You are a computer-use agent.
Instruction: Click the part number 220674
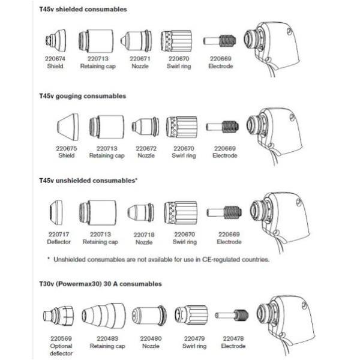coord(55,59)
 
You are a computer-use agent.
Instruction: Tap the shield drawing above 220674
coord(55,41)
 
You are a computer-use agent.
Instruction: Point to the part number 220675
coord(67,148)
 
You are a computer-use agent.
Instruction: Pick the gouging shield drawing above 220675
coord(67,127)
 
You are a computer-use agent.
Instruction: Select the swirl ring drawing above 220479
coord(190,314)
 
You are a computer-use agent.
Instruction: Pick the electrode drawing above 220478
coord(233,314)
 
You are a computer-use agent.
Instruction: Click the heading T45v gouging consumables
coord(86,96)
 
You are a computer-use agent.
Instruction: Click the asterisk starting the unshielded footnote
coord(49,259)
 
